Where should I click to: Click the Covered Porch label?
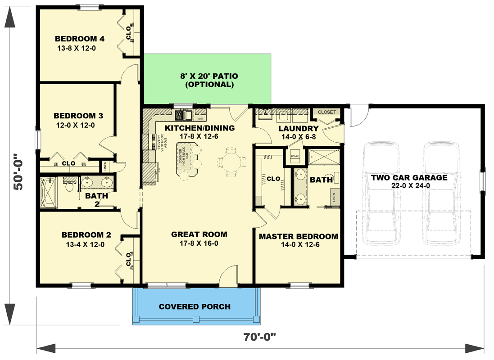click(x=195, y=307)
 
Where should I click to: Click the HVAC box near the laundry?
click(x=295, y=156)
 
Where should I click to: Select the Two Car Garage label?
click(x=409, y=177)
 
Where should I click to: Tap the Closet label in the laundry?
click(x=327, y=112)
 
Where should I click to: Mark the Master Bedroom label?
click(x=298, y=237)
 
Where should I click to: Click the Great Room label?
click(x=199, y=234)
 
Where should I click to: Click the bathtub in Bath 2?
click(x=49, y=193)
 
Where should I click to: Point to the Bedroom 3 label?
click(x=75, y=116)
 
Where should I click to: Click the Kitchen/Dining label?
click(x=199, y=128)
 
